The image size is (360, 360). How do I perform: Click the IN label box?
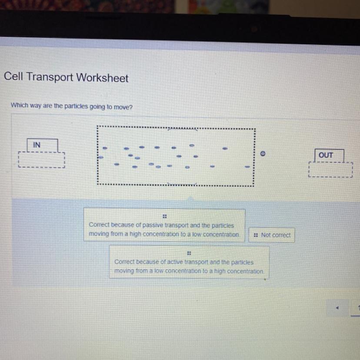(x=42, y=145)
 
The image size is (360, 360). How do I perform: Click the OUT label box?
(x=329, y=155)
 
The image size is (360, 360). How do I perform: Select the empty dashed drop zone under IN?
(x=42, y=160)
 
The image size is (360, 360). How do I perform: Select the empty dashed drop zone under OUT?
(x=330, y=170)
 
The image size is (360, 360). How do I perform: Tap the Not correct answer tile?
(x=272, y=235)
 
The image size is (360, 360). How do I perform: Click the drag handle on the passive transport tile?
(x=165, y=216)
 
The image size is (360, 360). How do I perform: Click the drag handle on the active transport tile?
(x=189, y=253)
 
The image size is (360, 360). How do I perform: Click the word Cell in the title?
(x=13, y=76)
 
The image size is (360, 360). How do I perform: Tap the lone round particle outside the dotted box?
(x=263, y=153)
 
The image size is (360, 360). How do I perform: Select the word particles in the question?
(x=76, y=106)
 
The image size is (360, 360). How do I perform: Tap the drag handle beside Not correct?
(x=256, y=235)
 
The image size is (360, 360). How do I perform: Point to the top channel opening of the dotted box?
(x=183, y=129)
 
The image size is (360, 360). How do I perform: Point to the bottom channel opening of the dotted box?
(x=182, y=183)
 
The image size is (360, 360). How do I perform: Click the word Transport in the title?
(x=50, y=77)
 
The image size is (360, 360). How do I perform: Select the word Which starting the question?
(x=20, y=105)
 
